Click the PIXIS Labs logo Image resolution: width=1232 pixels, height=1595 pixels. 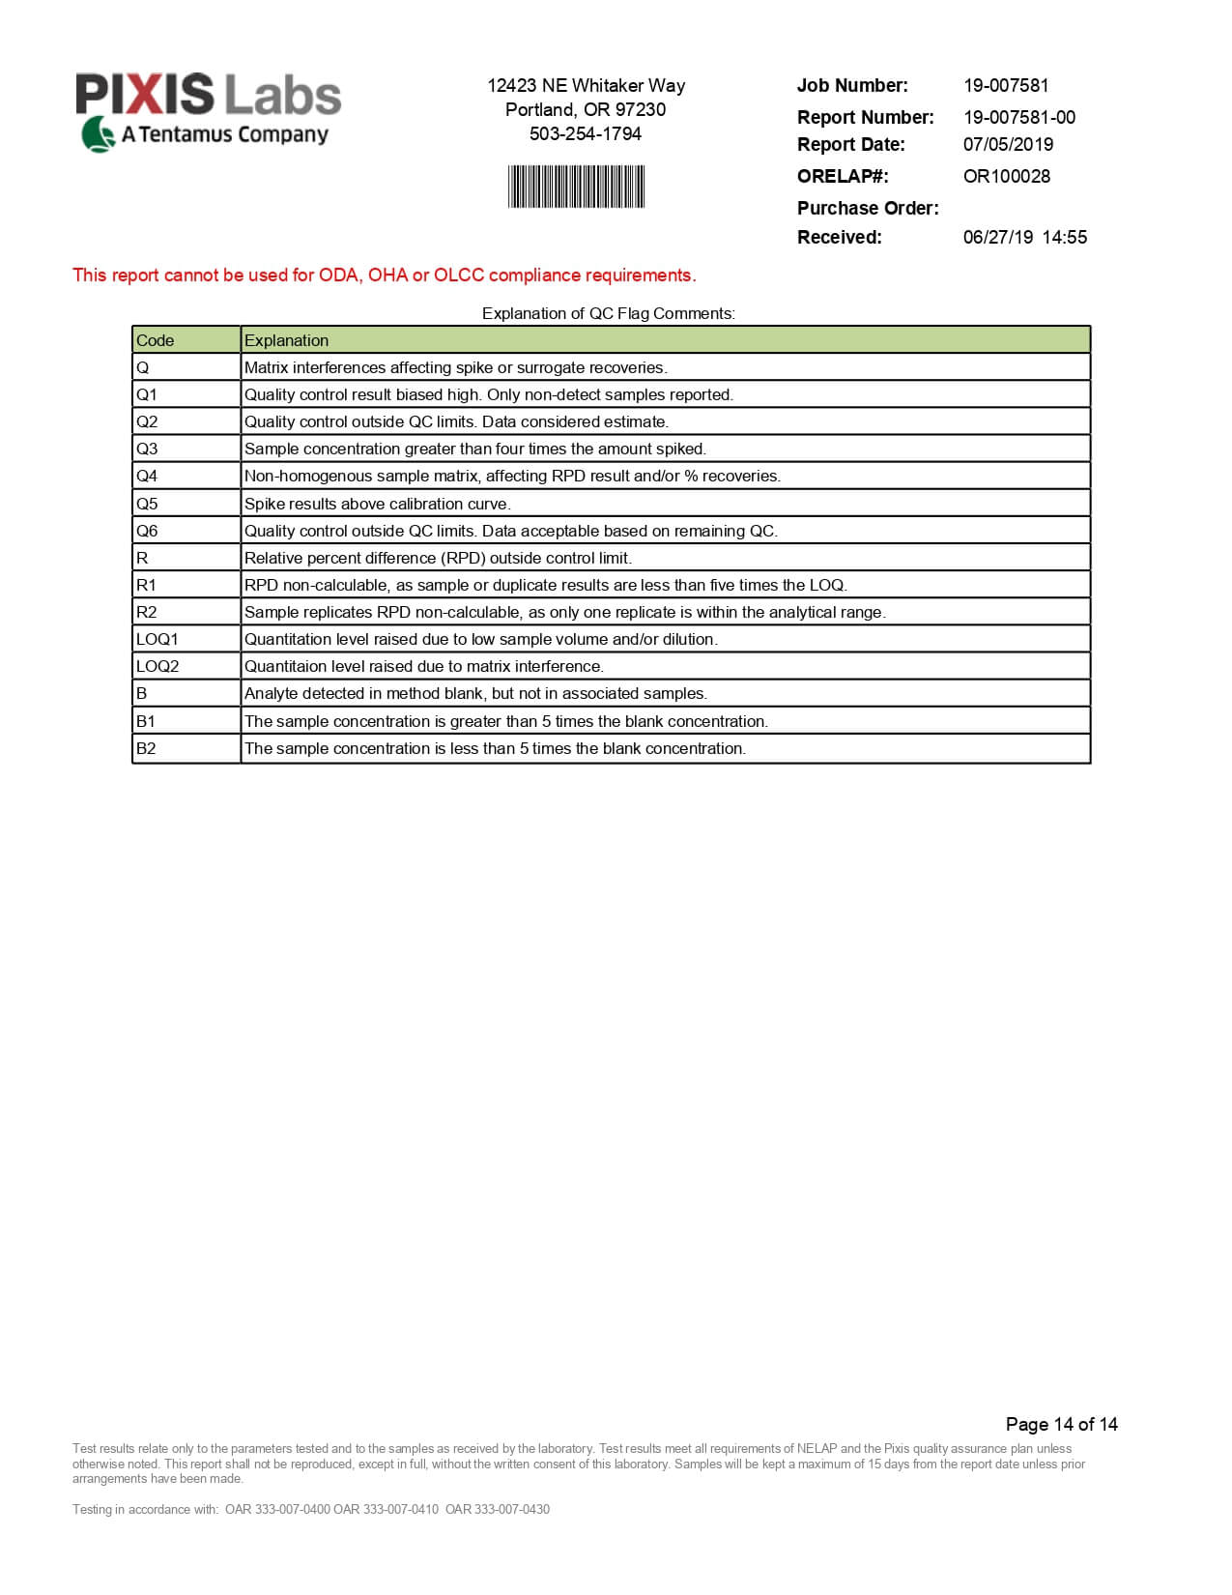click(x=209, y=110)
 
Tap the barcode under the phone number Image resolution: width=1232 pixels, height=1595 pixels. click(x=576, y=187)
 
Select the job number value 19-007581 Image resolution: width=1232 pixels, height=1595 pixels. click(x=1005, y=85)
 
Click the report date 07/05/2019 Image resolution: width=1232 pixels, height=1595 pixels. click(x=1008, y=144)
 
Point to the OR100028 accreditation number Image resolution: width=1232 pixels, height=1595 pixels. click(x=1006, y=176)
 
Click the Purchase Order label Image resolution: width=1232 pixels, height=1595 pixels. click(x=867, y=208)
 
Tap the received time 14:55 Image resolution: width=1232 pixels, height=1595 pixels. click(x=1064, y=237)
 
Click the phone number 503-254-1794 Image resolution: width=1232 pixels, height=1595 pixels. click(x=586, y=133)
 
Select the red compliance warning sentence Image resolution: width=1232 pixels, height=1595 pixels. click(x=384, y=275)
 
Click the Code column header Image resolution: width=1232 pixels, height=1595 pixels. click(x=156, y=340)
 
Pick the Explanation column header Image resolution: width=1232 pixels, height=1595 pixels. click(x=286, y=340)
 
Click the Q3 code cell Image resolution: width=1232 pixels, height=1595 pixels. click(x=147, y=449)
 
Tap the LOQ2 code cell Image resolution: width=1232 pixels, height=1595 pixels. click(x=158, y=666)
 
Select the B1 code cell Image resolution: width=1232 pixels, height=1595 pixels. click(x=146, y=721)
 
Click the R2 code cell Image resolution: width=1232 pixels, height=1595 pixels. click(x=147, y=612)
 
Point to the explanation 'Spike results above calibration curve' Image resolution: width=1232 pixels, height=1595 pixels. click(x=377, y=504)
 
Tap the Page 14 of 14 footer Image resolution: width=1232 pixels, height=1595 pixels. click(x=1061, y=1424)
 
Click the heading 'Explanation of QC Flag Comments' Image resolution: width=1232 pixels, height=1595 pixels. click(x=609, y=313)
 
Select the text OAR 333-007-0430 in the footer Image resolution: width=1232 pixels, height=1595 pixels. click(x=498, y=1509)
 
